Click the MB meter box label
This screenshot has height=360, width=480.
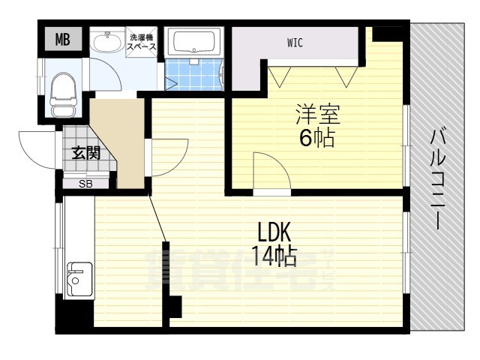(x=63, y=39)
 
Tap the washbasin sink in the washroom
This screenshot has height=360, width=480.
(x=106, y=42)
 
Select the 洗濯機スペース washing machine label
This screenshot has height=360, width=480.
(x=142, y=42)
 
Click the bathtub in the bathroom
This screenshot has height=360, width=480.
(x=193, y=41)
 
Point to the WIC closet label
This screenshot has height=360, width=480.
(x=295, y=43)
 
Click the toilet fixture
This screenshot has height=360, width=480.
(x=63, y=94)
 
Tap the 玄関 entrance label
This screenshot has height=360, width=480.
(x=86, y=153)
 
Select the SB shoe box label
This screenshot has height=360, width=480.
(x=85, y=184)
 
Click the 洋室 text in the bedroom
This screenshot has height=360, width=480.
(x=318, y=114)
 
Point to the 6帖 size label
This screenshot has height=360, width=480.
(x=316, y=138)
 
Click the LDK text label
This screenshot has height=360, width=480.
(x=274, y=232)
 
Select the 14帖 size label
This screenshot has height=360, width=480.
(x=274, y=256)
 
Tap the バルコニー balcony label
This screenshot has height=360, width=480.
(x=438, y=179)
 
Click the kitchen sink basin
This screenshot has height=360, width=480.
(x=79, y=278)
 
